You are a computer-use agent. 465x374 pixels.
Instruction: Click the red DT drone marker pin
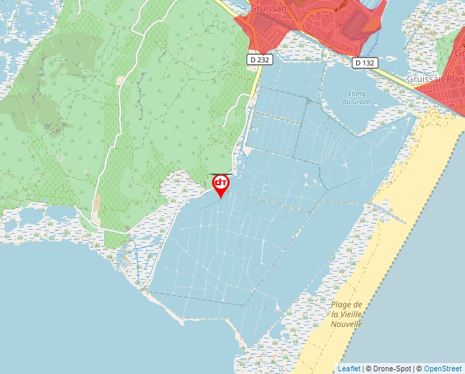pos(221,185)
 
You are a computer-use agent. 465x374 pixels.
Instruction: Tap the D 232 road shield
pos(260,60)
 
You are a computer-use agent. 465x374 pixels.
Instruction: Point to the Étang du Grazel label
pos(357,97)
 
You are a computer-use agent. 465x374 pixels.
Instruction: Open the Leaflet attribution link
pos(349,369)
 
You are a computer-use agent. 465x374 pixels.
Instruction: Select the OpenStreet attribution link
pos(444,369)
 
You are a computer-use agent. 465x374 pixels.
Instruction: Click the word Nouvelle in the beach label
pos(345,324)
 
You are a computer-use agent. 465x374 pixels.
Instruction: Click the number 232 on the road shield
pos(263,60)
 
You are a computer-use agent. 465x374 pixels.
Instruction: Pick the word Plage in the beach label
pos(342,304)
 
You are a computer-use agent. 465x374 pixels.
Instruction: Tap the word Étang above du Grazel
pos(357,93)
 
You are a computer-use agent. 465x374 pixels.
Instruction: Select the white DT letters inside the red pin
pos(221,183)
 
